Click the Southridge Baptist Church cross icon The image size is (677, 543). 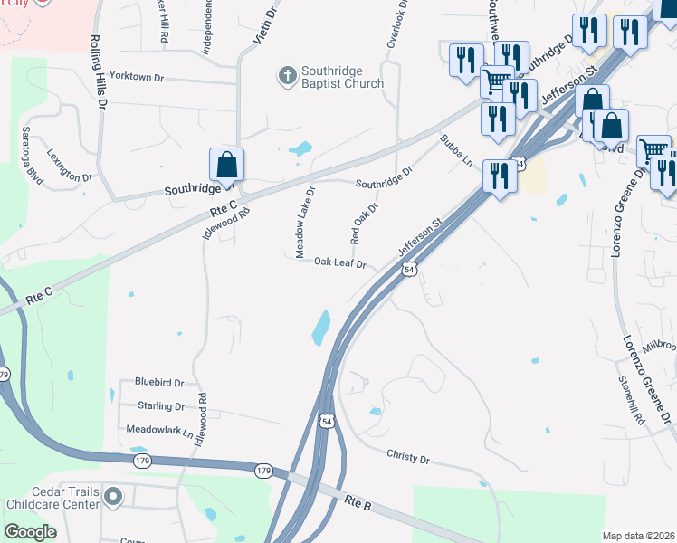(287, 75)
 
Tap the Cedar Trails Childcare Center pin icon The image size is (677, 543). (113, 496)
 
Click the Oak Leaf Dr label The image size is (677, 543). (339, 263)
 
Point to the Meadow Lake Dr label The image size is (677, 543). (305, 208)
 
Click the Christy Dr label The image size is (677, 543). (407, 458)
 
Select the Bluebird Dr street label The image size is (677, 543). (158, 383)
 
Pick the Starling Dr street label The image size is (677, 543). (161, 406)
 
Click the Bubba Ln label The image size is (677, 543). (457, 150)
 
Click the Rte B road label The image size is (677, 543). (359, 501)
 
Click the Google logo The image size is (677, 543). (30, 532)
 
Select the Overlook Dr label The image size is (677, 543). (404, 17)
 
